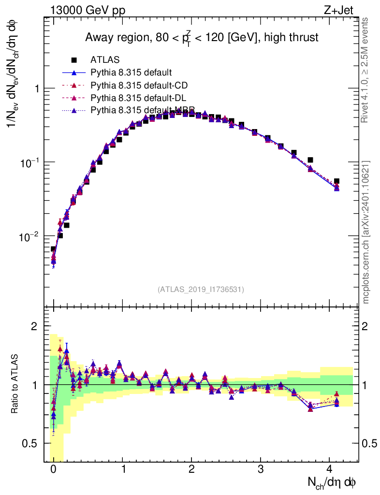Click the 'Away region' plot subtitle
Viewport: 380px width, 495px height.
pos(202,37)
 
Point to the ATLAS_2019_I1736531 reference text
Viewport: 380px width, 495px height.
pos(201,290)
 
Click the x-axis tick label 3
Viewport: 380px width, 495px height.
pos(261,469)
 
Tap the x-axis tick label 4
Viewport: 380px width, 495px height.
pos(330,469)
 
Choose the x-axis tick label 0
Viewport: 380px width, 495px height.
pos(53,469)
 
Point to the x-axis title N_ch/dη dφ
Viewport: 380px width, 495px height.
pos(332,482)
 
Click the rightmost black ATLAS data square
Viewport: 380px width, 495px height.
pos(336,181)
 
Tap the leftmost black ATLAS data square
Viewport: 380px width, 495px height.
pos(53,249)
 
